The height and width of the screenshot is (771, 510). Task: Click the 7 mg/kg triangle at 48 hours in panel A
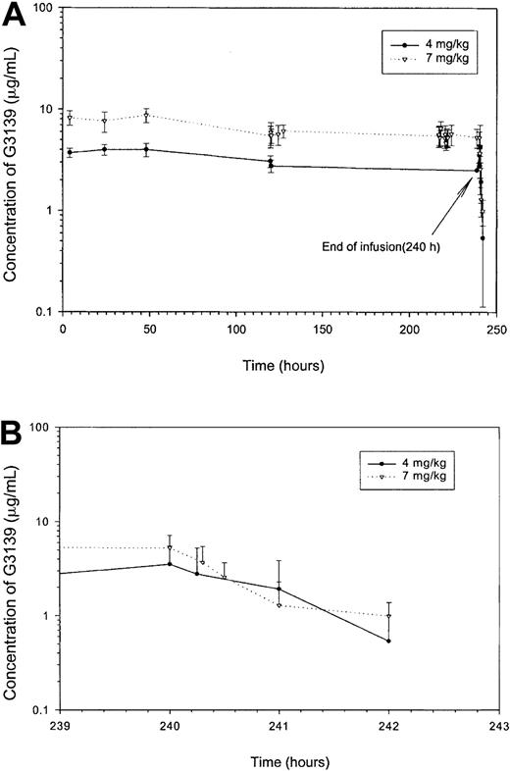[x=146, y=116]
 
